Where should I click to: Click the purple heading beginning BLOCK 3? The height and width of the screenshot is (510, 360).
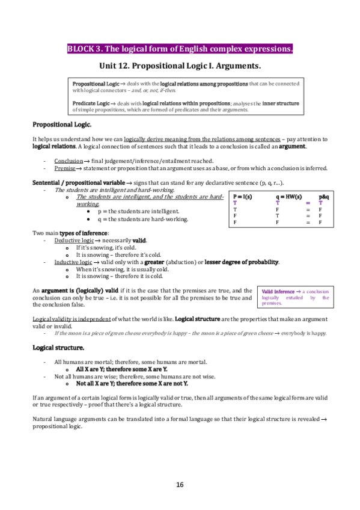click(x=180, y=49)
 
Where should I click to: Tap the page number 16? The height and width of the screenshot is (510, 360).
click(x=180, y=485)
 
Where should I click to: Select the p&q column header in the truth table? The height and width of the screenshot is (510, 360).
click(x=323, y=197)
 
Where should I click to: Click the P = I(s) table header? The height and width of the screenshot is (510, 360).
click(x=242, y=197)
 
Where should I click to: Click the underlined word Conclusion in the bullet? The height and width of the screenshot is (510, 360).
click(x=65, y=161)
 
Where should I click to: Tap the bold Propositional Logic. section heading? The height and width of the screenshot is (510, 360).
click(x=62, y=124)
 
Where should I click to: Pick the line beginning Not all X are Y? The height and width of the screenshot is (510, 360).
click(x=132, y=383)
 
